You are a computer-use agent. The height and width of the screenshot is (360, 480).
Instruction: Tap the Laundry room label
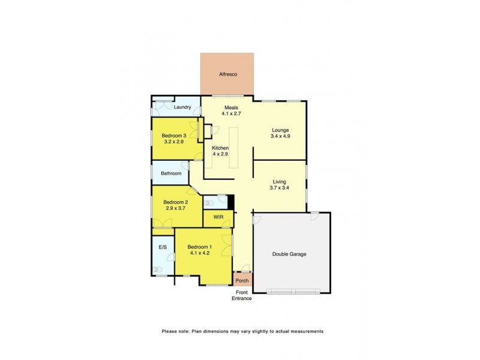coord(182,107)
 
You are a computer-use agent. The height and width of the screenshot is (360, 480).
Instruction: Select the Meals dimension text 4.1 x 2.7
coord(223,113)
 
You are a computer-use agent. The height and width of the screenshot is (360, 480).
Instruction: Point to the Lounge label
coord(280,130)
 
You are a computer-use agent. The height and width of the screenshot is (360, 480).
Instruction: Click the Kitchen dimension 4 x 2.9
coord(221,154)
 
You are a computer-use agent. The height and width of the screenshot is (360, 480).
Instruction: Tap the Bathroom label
coord(170,173)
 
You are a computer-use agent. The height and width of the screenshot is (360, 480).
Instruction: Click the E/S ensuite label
coord(162,247)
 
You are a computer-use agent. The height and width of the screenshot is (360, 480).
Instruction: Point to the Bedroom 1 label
coord(199,247)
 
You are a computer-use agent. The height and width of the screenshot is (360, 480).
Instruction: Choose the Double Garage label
coord(289,254)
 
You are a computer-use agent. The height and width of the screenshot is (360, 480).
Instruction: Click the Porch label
coord(242,281)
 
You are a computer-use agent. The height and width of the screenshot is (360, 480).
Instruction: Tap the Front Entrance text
coord(243,295)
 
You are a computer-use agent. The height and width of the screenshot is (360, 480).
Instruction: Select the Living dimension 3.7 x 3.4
coord(280,188)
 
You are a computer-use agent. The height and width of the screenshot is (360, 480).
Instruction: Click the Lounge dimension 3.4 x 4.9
coord(280,136)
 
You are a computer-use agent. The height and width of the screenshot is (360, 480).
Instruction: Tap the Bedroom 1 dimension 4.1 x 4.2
coord(199,253)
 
